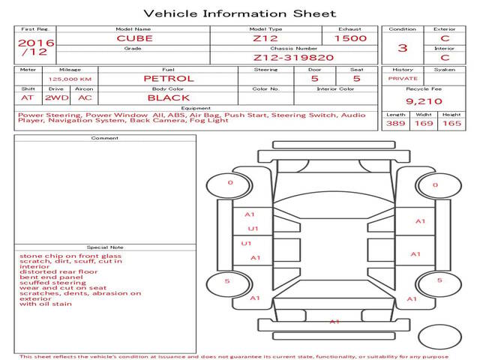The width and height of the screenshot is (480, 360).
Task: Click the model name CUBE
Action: (134, 38)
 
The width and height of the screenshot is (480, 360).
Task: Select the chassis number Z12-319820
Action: (293, 58)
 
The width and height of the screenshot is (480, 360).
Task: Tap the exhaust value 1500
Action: (350, 38)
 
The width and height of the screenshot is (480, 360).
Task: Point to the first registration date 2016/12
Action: (36, 47)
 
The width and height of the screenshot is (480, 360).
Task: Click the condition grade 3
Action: (403, 48)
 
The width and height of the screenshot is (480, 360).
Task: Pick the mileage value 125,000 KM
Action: (70, 79)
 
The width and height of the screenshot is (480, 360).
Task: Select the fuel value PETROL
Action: (169, 79)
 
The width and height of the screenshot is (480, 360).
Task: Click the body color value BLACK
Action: (169, 98)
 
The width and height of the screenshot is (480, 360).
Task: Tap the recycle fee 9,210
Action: (424, 101)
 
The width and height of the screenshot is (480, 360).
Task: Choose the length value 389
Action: (395, 123)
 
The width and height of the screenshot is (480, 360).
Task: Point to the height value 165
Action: (451, 123)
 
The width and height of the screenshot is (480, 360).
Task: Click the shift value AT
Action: (27, 98)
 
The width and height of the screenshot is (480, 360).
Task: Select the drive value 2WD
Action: (57, 98)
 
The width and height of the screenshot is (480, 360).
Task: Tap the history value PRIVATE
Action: (403, 79)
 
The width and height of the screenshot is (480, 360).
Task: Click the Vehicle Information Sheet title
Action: (240, 13)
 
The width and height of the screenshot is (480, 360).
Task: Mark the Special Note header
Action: (105, 247)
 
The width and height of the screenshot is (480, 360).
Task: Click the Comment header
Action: (105, 138)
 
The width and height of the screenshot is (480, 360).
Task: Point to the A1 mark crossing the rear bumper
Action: (334, 322)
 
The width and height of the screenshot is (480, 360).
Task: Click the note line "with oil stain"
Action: (46, 304)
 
